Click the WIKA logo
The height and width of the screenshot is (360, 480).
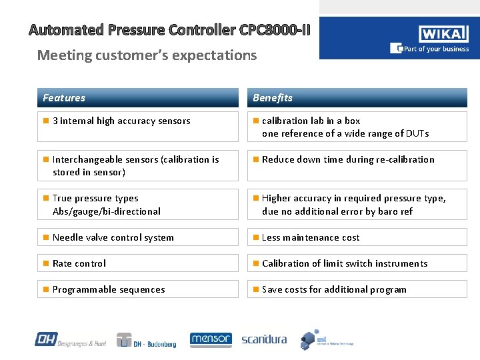[x=443, y=34]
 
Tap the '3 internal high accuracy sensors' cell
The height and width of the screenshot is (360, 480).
[x=137, y=126]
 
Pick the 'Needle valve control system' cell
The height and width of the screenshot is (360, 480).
[x=137, y=237]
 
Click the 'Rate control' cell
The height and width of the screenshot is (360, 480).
[x=137, y=263]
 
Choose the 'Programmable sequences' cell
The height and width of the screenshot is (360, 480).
[x=137, y=289]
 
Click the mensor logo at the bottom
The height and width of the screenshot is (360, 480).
[x=211, y=339]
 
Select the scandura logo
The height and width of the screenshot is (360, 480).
[x=264, y=339]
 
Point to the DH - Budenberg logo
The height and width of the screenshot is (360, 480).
[x=146, y=340]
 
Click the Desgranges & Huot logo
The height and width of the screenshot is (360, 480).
[x=70, y=339]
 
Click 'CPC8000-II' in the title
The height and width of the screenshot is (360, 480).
[x=273, y=30]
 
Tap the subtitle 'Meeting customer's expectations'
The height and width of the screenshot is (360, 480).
[x=147, y=55]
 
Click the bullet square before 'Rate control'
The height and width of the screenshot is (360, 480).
[x=45, y=263]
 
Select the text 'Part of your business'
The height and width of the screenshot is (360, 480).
[x=434, y=49]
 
